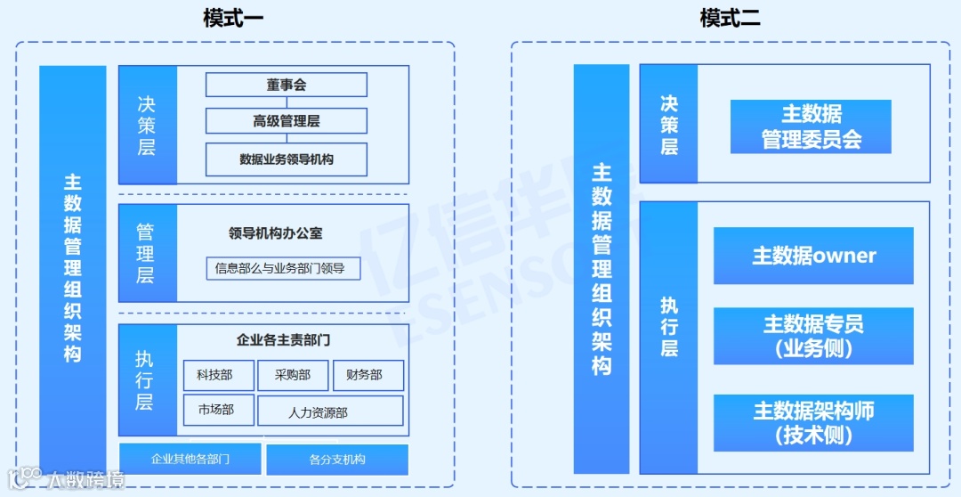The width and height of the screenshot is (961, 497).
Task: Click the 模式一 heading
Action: [233, 18]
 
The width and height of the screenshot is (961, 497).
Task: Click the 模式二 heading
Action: [730, 18]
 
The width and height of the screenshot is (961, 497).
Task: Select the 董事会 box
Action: [287, 85]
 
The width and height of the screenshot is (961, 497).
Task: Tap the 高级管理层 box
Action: [287, 121]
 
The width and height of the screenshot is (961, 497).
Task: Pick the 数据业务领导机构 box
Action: [287, 159]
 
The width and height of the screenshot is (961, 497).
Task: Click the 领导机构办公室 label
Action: [276, 233]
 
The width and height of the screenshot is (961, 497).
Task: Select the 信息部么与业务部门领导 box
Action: [283, 267]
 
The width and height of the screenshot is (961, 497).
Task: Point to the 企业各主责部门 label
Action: [283, 339]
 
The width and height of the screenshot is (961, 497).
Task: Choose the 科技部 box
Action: [219, 375]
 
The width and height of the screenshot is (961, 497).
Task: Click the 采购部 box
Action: [293, 375]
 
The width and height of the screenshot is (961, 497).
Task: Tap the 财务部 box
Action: [368, 375]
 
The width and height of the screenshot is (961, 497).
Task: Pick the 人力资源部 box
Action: [330, 411]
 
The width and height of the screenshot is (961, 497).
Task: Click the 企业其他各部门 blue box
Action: [190, 459]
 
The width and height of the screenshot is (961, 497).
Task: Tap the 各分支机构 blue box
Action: [337, 459]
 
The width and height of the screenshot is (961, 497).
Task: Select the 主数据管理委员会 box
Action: [811, 126]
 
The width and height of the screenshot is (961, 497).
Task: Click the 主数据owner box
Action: [813, 256]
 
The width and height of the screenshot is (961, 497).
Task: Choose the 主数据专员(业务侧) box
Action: [813, 336]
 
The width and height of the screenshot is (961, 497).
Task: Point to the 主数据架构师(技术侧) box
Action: [813, 422]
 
